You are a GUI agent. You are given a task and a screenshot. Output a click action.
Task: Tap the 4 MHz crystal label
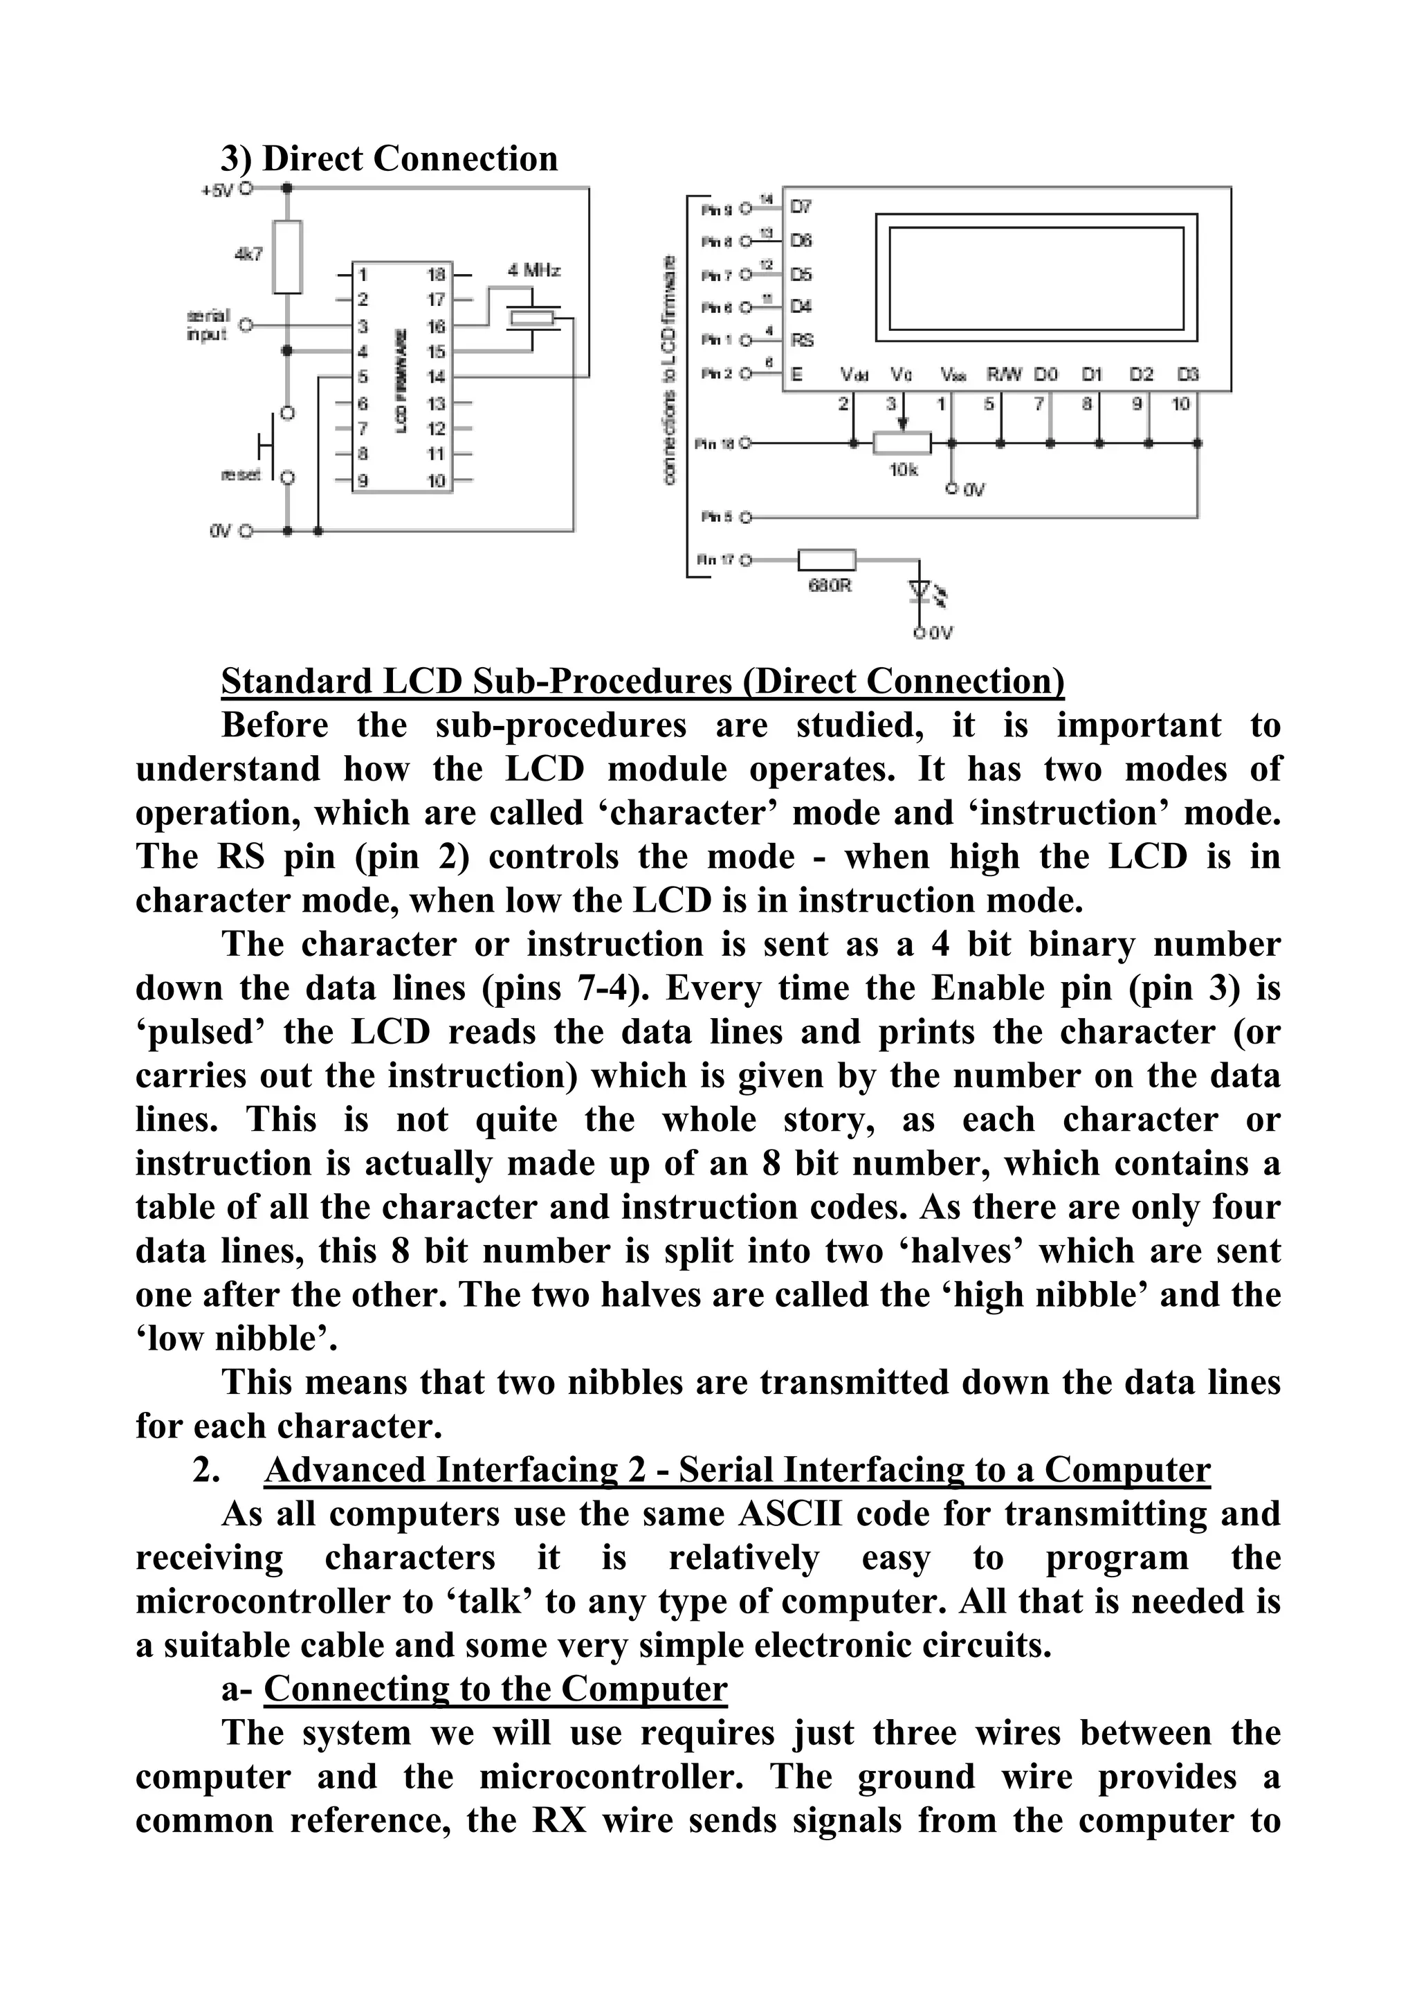click(534, 271)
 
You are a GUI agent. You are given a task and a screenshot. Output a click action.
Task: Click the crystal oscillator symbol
click(531, 320)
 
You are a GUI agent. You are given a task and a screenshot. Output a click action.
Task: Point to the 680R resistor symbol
click(826, 560)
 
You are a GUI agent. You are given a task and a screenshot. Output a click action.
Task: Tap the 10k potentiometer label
click(904, 470)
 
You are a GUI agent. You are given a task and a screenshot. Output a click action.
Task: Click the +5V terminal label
click(217, 190)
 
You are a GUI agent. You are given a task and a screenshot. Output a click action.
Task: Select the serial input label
click(208, 324)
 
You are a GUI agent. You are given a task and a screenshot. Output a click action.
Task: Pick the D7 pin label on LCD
click(801, 207)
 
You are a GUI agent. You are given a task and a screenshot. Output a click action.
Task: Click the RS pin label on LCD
click(801, 341)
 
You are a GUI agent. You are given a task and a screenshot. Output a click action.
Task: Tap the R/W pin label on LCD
click(1004, 374)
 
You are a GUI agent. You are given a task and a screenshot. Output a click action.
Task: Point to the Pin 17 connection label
click(715, 560)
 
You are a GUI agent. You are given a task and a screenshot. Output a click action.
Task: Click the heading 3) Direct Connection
click(390, 159)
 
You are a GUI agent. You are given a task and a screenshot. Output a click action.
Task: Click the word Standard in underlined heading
click(297, 681)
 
